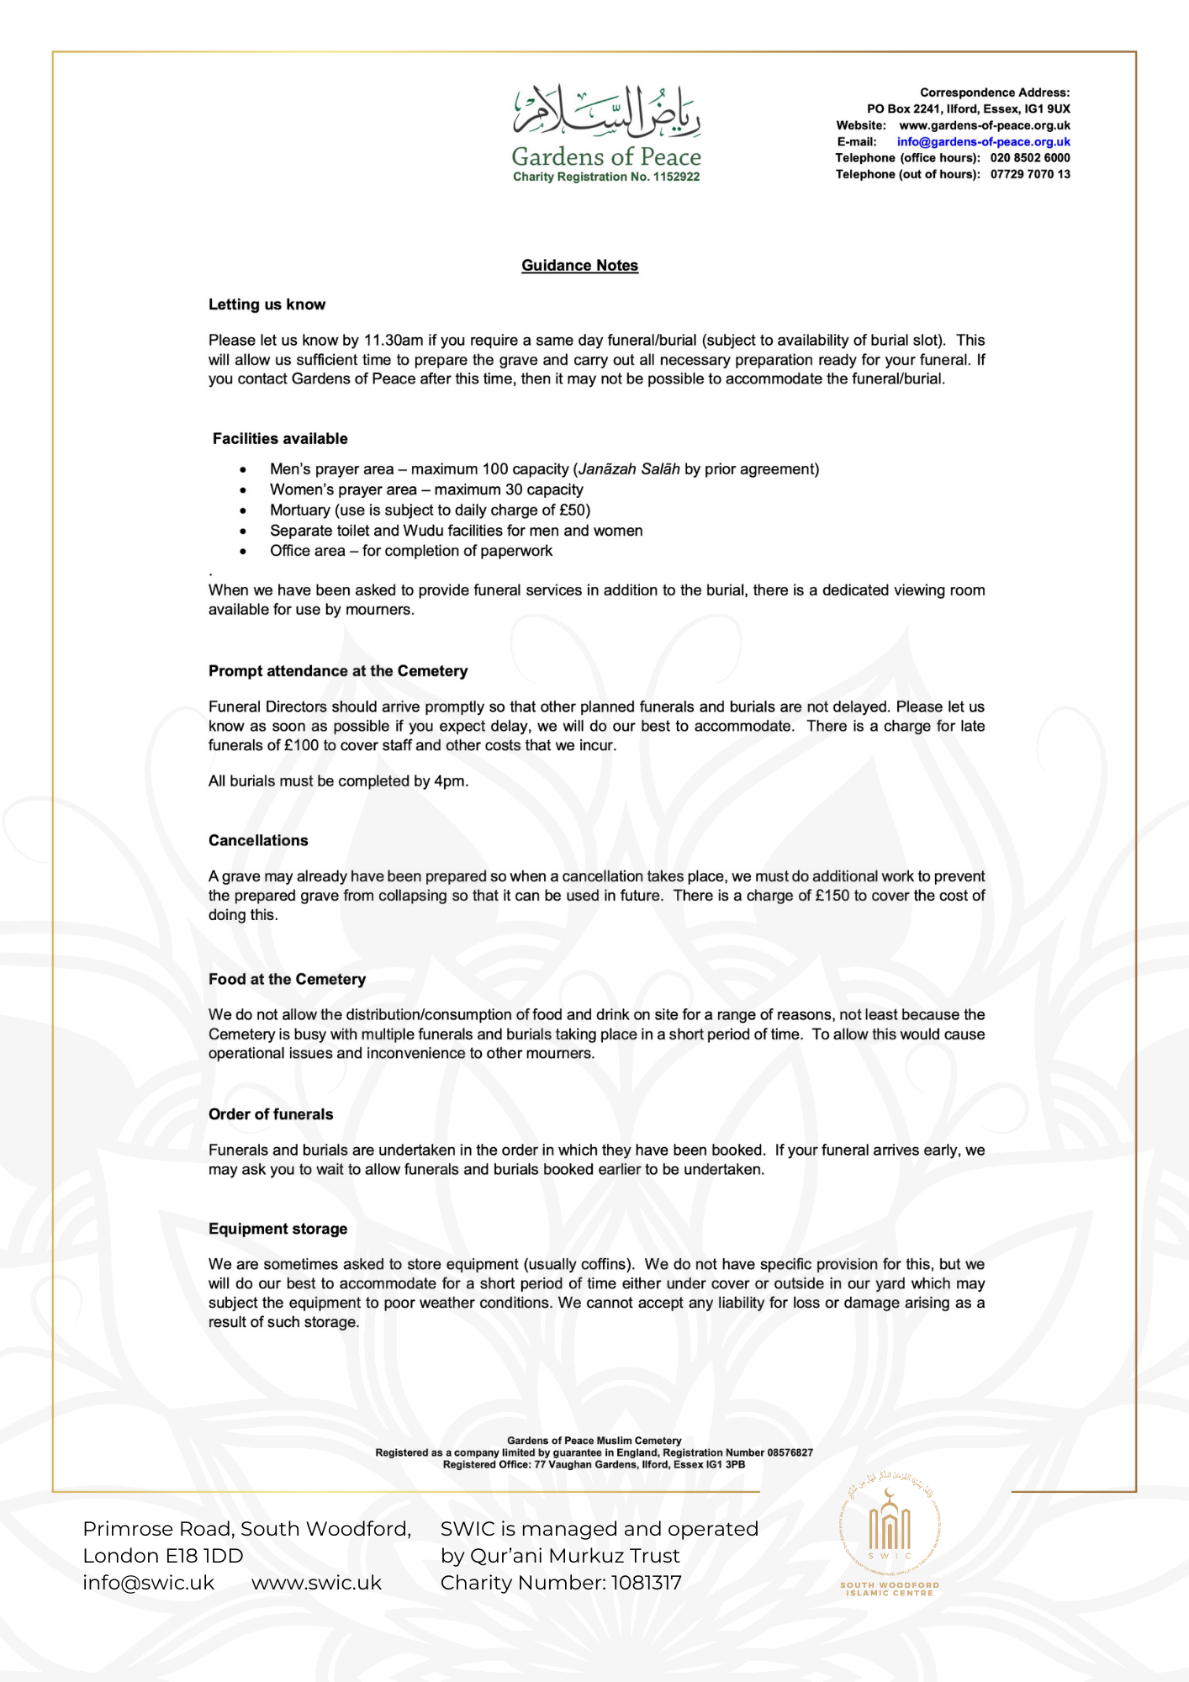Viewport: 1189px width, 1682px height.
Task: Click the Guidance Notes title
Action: [x=579, y=266]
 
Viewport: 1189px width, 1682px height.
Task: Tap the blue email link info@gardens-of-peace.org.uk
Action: [x=983, y=142]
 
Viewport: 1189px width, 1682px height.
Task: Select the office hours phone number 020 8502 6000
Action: [x=1029, y=158]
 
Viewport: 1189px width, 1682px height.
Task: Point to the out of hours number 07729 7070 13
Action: [x=1029, y=175]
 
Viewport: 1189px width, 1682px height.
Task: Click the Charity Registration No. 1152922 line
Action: [x=606, y=177]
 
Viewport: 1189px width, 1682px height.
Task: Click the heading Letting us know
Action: [x=267, y=304]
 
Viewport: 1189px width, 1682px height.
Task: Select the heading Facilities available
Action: [x=280, y=439]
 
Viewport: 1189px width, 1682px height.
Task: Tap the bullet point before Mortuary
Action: [x=243, y=510]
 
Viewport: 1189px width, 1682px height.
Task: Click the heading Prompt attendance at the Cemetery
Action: [x=338, y=671]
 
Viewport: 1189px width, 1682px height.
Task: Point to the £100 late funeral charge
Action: [x=301, y=746]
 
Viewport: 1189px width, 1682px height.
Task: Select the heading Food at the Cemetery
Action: [x=287, y=980]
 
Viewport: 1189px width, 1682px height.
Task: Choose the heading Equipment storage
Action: [x=277, y=1229]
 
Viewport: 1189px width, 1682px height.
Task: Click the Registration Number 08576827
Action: [x=789, y=1452]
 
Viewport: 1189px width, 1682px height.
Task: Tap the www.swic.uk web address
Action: [x=316, y=1583]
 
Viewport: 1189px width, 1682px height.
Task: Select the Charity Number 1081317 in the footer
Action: [x=646, y=1583]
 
